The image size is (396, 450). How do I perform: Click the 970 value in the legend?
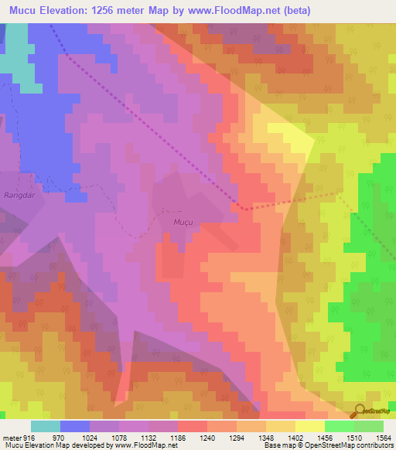pos(58,436)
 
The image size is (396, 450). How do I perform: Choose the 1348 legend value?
pos(265,436)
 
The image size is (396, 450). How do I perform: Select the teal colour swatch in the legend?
pos(45,426)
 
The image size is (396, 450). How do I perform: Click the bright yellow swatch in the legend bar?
pos(309,426)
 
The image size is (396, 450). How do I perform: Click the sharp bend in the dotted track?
pos(242,209)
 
